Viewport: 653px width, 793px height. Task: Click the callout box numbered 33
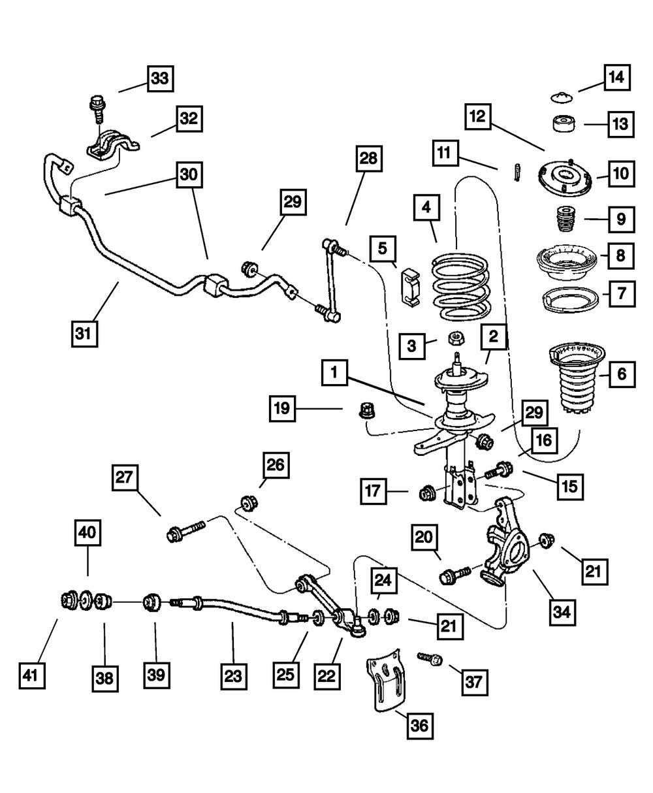(160, 79)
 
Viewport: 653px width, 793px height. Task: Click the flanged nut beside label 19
(365, 413)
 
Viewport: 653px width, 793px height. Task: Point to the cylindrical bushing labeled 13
(564, 123)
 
